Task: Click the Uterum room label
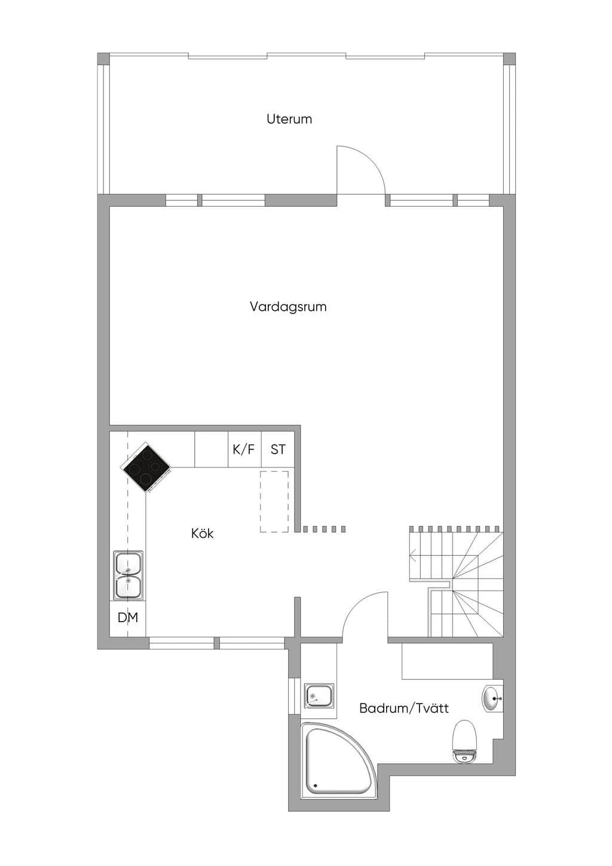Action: pos(289,119)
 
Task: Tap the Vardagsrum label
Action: pos(288,307)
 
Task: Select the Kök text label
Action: pos(202,534)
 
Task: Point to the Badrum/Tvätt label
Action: pos(404,708)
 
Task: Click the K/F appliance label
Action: pos(244,449)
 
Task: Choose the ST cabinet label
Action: pos(278,449)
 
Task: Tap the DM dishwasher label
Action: pos(127,617)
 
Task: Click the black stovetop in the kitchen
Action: pos(147,467)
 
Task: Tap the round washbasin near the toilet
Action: pos(492,699)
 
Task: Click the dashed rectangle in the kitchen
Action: pos(274,502)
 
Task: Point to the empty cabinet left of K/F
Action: pos(211,449)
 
